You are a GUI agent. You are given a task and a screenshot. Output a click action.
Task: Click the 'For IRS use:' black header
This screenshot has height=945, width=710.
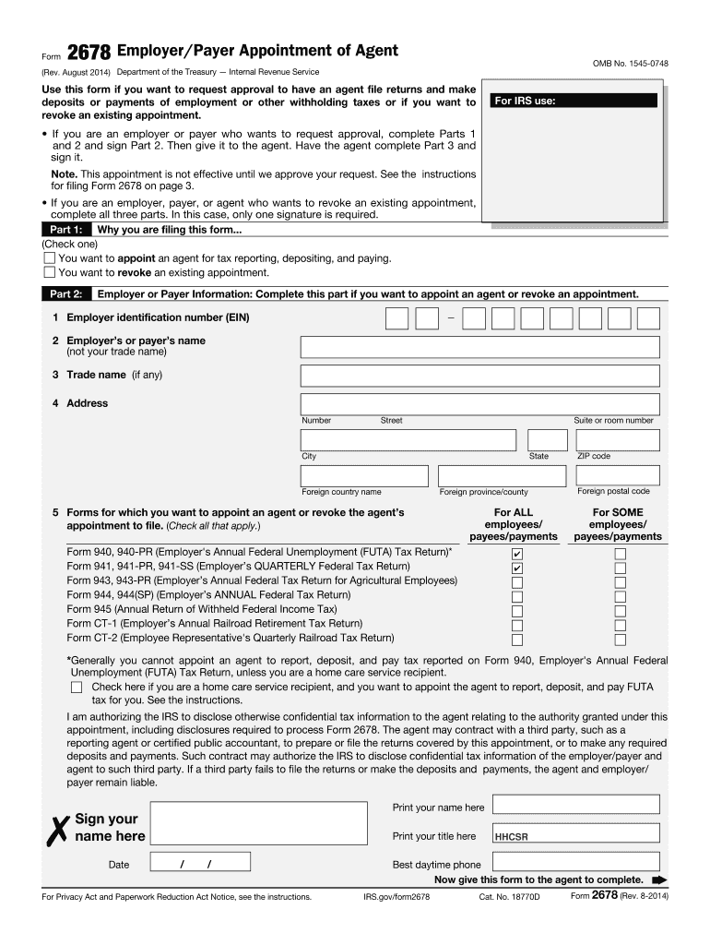click(x=574, y=101)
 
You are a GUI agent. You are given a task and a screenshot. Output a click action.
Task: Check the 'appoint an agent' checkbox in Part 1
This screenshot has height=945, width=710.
click(x=50, y=258)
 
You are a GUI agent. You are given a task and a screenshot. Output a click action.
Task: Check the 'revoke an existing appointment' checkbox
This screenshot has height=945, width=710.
click(x=50, y=273)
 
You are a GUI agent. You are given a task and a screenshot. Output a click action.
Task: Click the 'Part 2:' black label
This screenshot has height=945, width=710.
click(x=65, y=294)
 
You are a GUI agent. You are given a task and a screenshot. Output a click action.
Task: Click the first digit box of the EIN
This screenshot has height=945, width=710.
click(x=396, y=318)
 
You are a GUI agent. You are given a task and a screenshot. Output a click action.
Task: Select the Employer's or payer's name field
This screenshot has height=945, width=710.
click(x=479, y=347)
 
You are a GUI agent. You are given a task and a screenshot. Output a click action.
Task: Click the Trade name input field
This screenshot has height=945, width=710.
click(x=479, y=376)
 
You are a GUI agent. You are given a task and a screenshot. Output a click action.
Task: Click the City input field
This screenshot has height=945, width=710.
click(x=408, y=440)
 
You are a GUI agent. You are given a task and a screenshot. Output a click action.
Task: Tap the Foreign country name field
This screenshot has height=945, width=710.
click(x=364, y=476)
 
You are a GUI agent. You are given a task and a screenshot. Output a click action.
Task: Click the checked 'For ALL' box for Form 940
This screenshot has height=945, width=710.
click(x=517, y=554)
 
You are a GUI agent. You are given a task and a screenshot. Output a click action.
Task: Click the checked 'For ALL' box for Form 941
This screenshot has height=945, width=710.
click(x=517, y=568)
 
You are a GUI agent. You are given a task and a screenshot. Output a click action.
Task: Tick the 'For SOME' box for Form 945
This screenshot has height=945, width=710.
click(x=621, y=611)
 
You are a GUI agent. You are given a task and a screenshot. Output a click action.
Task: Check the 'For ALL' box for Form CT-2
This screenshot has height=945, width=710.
click(x=517, y=640)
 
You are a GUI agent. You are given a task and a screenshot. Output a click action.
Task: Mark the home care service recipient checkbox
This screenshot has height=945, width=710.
click(x=76, y=688)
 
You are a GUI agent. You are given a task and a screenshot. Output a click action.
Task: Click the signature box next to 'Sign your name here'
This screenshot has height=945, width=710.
click(x=265, y=825)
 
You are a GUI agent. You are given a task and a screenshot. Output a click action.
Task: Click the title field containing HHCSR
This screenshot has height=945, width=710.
click(x=575, y=837)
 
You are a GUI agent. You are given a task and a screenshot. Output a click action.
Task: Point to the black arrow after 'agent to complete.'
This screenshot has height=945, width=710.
click(x=659, y=880)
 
